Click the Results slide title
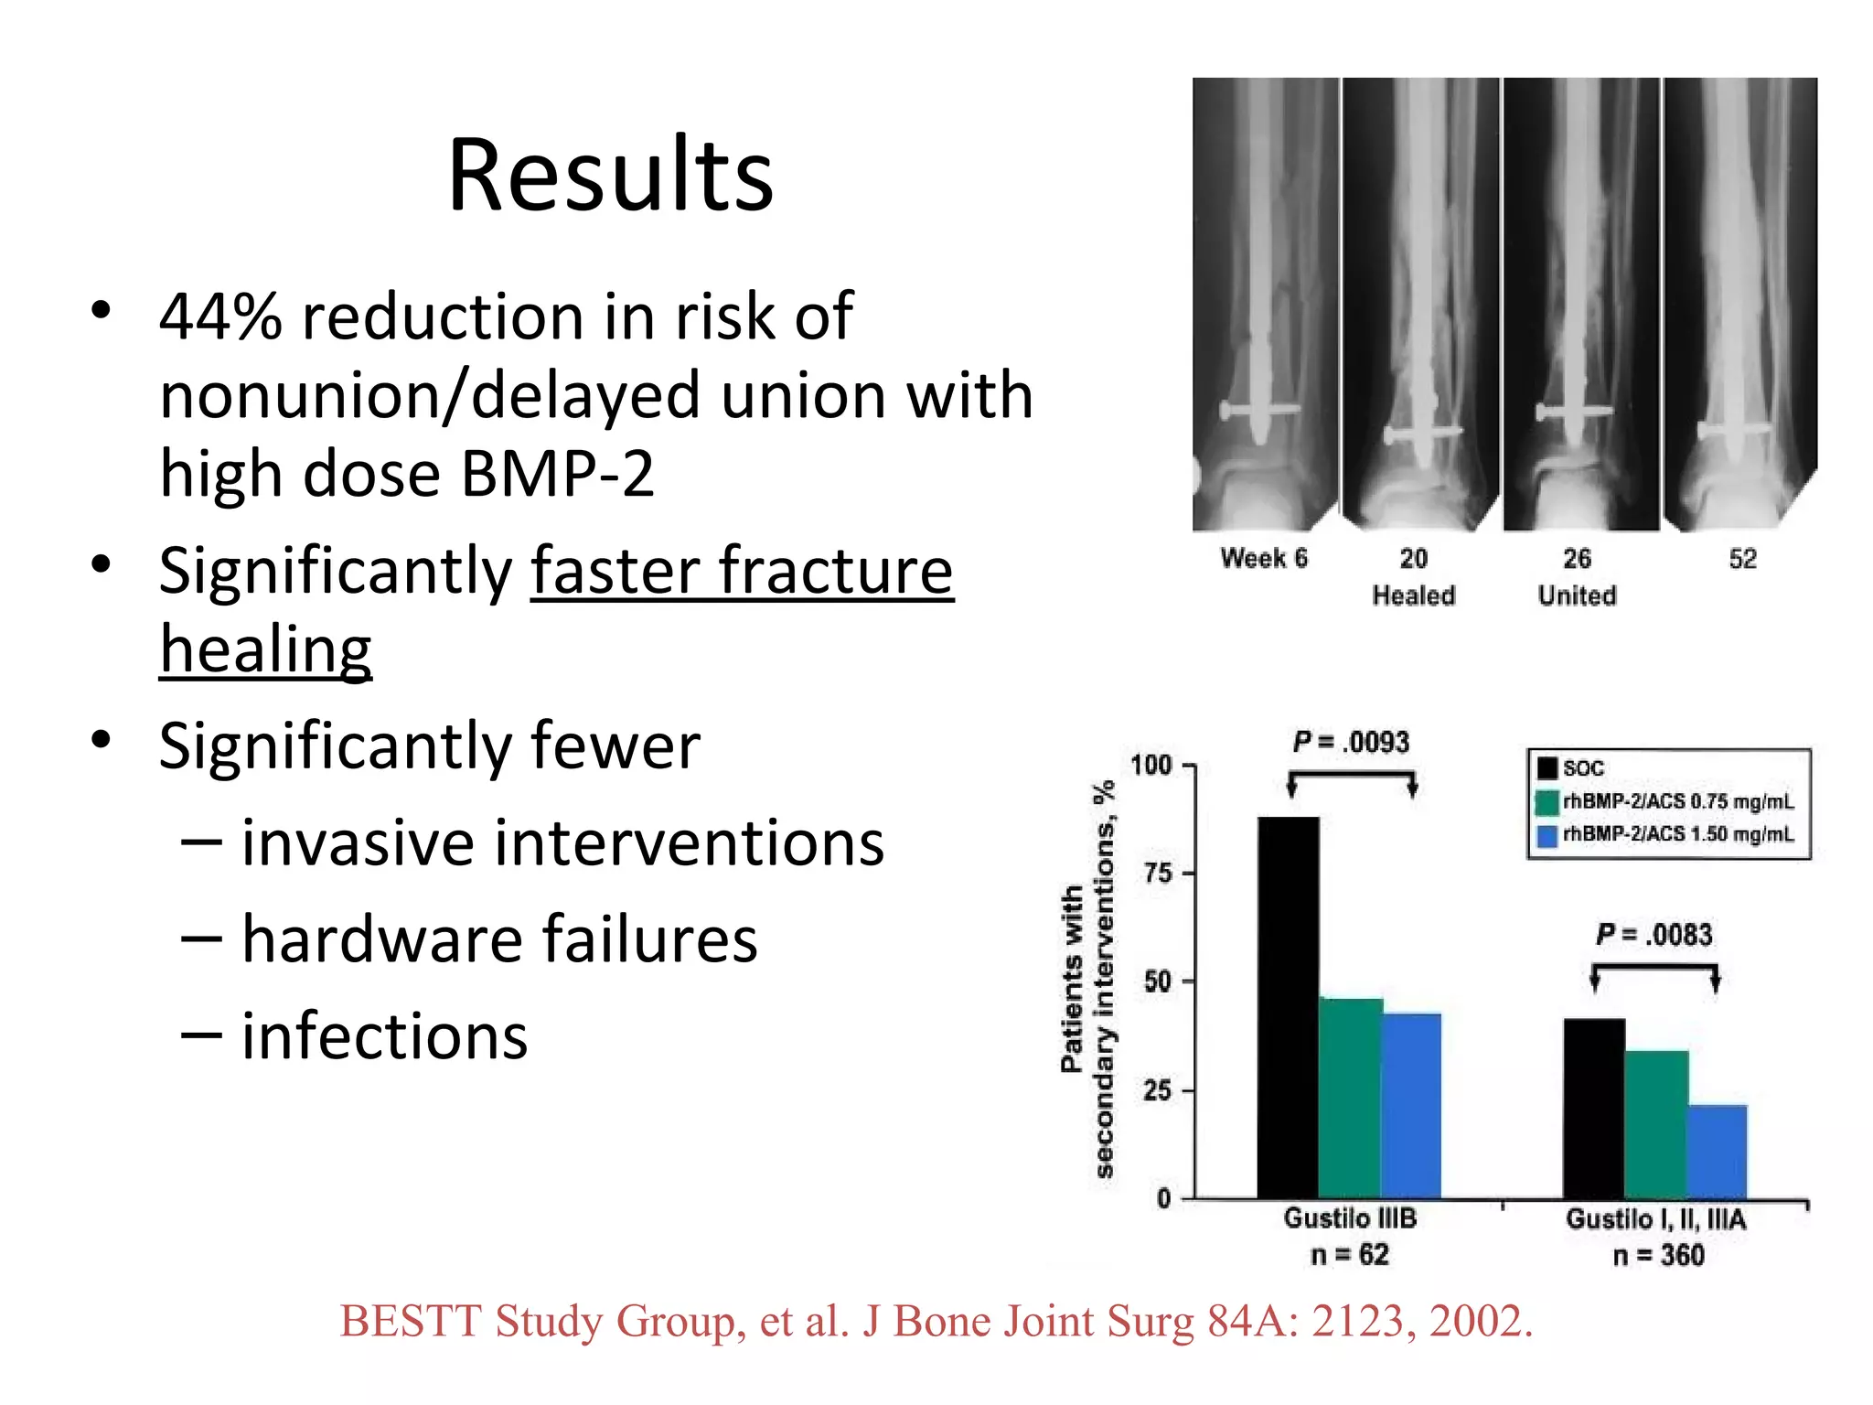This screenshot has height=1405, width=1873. [x=610, y=175]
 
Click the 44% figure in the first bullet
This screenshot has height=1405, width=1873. [x=220, y=316]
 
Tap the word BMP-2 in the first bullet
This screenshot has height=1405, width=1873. [x=557, y=474]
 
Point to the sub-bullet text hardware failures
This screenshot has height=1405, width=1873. [x=499, y=939]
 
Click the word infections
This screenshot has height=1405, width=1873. [x=384, y=1036]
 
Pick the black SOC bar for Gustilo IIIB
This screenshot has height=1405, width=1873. [x=1288, y=1006]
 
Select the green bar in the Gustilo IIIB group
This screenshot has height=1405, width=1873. [x=1350, y=1098]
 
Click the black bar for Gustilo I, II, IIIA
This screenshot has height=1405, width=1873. [x=1594, y=1108]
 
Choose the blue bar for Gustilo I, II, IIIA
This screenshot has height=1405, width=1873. [x=1717, y=1152]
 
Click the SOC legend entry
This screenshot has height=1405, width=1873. [x=1572, y=768]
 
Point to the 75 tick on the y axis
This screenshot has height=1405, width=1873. [x=1158, y=874]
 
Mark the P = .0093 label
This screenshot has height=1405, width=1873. [x=1351, y=742]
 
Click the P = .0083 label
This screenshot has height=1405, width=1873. [x=1654, y=935]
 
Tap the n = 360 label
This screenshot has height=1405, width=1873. [x=1658, y=1255]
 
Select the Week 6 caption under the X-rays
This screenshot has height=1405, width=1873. [x=1264, y=558]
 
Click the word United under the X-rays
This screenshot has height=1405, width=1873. [x=1577, y=595]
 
